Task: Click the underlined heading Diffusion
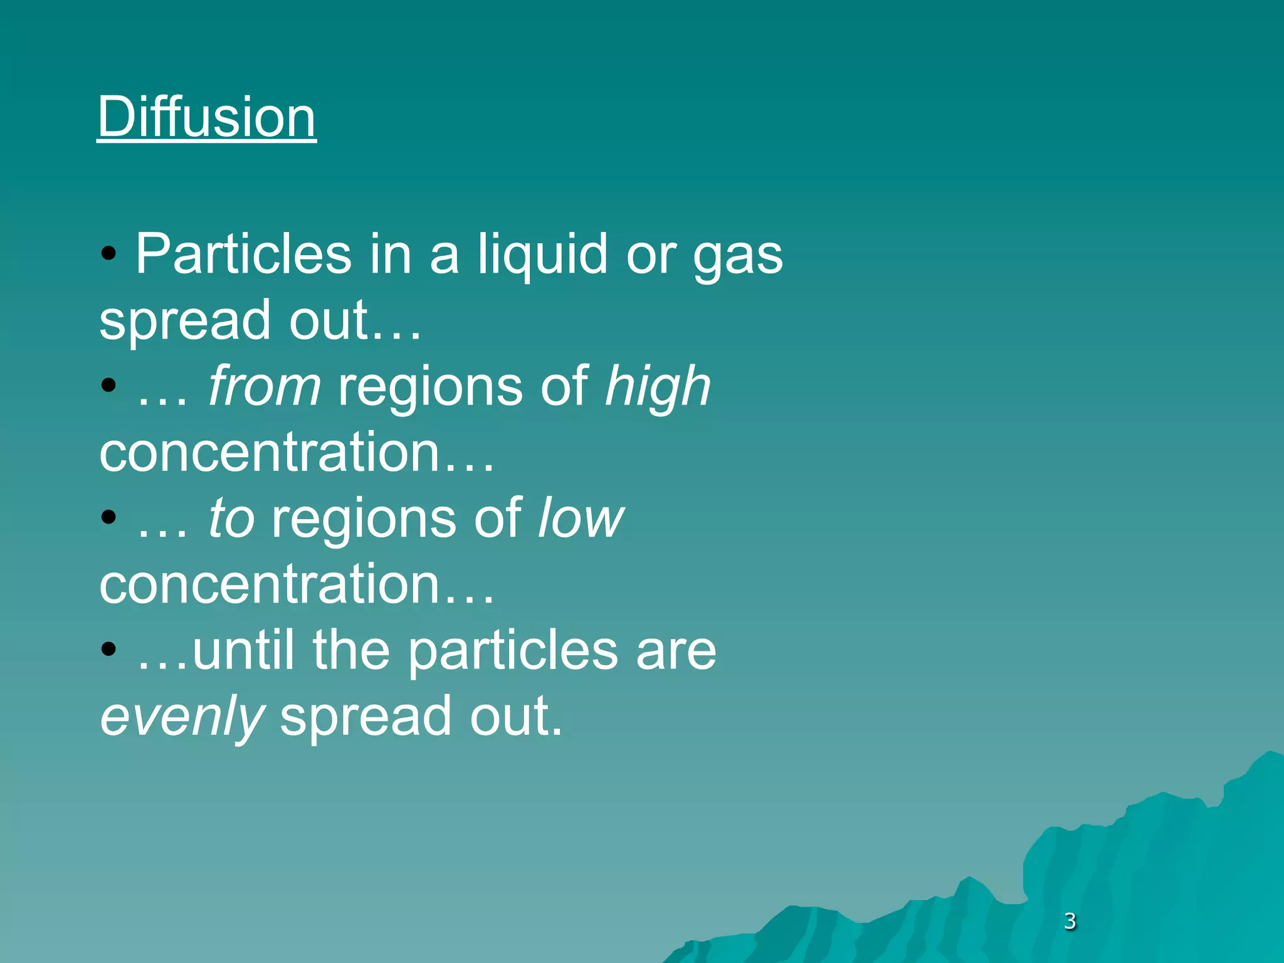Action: click(206, 117)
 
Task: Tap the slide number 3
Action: click(1070, 921)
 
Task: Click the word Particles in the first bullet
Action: click(243, 254)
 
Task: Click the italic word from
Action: click(265, 386)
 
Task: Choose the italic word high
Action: click(658, 387)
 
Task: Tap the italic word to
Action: click(231, 518)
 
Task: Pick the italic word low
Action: click(581, 518)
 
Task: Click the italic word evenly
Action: click(182, 717)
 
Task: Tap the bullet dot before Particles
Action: click(109, 253)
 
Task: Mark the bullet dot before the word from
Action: click(109, 386)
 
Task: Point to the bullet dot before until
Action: click(109, 650)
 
